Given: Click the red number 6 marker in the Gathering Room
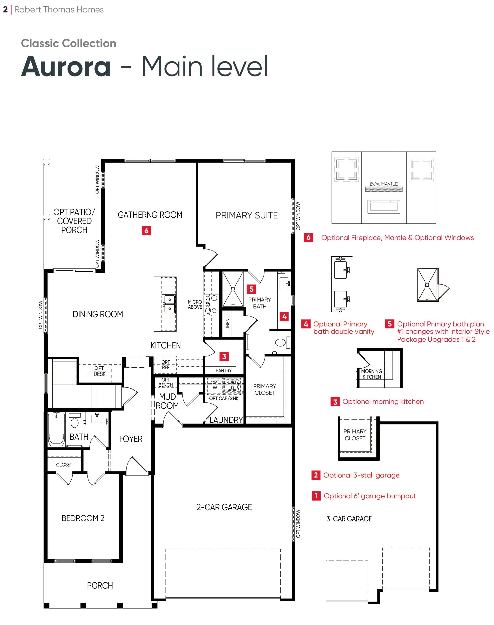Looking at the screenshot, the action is [x=146, y=231].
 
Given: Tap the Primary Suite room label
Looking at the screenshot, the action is [x=247, y=215].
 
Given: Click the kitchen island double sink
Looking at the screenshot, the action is [x=169, y=304].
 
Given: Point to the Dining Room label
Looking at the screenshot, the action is [x=98, y=314].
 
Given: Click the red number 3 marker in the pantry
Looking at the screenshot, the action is [x=224, y=357].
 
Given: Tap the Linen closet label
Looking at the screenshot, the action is [x=227, y=324].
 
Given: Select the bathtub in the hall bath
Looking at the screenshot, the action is [x=57, y=429].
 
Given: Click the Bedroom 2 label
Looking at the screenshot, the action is [x=83, y=518].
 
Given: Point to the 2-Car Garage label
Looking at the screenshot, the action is [x=224, y=507].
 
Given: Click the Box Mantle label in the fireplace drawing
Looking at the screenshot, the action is [x=384, y=184].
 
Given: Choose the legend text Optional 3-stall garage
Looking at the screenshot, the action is [x=362, y=475].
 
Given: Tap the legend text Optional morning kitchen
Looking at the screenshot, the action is [x=383, y=401].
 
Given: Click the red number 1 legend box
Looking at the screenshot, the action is [x=316, y=496].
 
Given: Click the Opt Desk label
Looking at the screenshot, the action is [x=99, y=371].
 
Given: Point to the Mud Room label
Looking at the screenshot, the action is [x=167, y=401].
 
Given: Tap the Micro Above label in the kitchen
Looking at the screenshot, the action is [x=195, y=304].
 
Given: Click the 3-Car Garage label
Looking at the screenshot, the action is [x=349, y=519].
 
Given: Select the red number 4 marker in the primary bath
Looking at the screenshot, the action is [x=284, y=317].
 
